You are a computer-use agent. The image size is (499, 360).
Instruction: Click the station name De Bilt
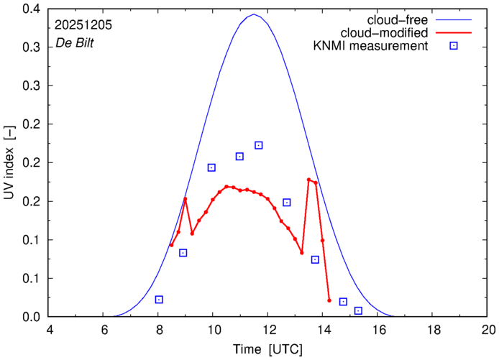click(x=74, y=44)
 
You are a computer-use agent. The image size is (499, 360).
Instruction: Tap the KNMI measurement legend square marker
click(x=454, y=47)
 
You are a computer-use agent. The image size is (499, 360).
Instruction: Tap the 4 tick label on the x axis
click(x=49, y=329)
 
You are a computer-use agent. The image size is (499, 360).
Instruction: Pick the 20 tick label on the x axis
click(x=488, y=329)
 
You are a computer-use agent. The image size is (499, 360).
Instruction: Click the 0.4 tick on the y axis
click(x=32, y=9)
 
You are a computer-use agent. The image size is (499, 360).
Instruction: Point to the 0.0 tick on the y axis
click(x=32, y=317)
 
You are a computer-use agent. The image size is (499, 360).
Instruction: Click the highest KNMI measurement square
click(x=259, y=145)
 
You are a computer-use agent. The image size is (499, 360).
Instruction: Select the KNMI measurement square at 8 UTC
click(x=159, y=300)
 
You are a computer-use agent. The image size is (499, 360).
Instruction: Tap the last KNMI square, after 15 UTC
click(x=358, y=310)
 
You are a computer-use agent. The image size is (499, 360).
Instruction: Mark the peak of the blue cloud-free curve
click(x=253, y=14)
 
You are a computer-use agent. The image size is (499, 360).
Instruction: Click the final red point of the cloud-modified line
click(x=329, y=300)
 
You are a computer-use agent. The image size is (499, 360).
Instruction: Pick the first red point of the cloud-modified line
click(x=171, y=245)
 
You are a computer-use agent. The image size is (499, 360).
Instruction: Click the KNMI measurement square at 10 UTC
click(x=211, y=167)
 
